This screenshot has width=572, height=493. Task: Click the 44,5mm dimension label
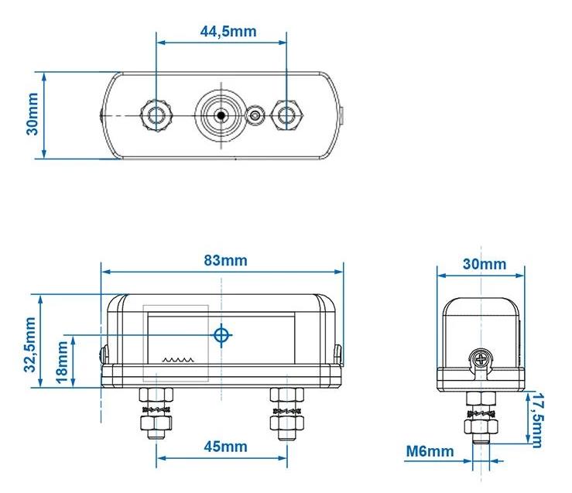(228, 32)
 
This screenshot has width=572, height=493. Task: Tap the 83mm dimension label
(225, 260)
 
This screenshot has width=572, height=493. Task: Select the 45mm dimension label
(225, 447)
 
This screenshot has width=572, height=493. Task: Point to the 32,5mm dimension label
(30, 344)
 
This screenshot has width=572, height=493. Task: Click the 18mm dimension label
(62, 362)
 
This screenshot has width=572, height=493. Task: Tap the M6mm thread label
(430, 451)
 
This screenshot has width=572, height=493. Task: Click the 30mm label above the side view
(485, 264)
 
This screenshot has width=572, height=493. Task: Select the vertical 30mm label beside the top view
(32, 114)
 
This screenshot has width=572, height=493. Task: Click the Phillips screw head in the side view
(481, 360)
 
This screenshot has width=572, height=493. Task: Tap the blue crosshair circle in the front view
(221, 334)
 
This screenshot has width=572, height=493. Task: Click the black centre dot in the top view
(221, 115)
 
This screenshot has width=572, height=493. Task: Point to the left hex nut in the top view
(156, 115)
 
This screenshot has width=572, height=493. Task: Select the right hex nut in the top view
(286, 115)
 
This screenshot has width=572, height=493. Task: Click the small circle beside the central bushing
(255, 116)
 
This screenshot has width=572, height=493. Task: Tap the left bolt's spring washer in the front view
(156, 409)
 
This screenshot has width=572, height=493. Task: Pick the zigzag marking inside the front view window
(178, 361)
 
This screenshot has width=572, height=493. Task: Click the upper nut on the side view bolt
(481, 399)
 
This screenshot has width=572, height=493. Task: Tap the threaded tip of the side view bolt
(481, 439)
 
